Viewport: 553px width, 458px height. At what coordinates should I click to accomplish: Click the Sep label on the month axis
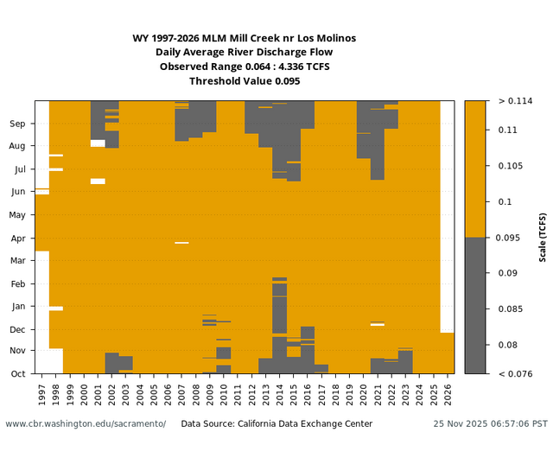17,124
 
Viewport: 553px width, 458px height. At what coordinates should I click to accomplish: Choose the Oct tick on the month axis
17,373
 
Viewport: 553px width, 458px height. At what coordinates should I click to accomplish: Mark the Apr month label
17,238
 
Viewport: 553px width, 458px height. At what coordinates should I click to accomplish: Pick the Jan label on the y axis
17,306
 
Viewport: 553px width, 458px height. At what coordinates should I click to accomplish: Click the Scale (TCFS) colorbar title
543,237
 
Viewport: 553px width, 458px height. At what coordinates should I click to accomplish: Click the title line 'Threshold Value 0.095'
245,81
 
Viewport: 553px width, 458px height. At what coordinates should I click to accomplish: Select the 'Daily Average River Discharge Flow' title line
245,52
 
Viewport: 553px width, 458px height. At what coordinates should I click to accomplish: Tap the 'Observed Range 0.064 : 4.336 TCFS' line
245,67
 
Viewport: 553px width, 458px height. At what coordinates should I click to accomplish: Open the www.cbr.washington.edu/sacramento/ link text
86,424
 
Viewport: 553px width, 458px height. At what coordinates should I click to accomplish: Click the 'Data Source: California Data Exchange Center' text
276,424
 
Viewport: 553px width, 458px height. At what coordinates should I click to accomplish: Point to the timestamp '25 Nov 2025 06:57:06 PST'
490,424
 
